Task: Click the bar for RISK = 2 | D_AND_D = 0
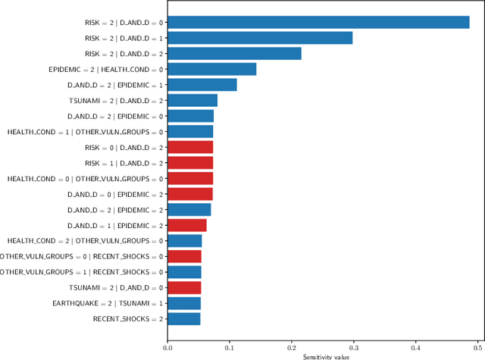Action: coord(318,23)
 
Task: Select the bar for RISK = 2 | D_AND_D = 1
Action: coord(260,38)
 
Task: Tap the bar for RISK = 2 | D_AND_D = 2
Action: coord(234,54)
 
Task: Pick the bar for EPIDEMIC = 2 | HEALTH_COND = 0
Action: coord(212,70)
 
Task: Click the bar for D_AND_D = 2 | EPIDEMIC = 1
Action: coord(202,85)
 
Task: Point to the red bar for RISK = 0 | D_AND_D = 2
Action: coord(190,147)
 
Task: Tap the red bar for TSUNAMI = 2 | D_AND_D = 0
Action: coord(184,287)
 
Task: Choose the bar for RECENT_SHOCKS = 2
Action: coord(184,319)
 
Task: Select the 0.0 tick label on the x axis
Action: coord(167,348)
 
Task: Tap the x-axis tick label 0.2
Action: coord(292,348)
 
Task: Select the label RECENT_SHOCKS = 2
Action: coord(127,319)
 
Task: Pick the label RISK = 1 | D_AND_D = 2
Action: coord(123,163)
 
